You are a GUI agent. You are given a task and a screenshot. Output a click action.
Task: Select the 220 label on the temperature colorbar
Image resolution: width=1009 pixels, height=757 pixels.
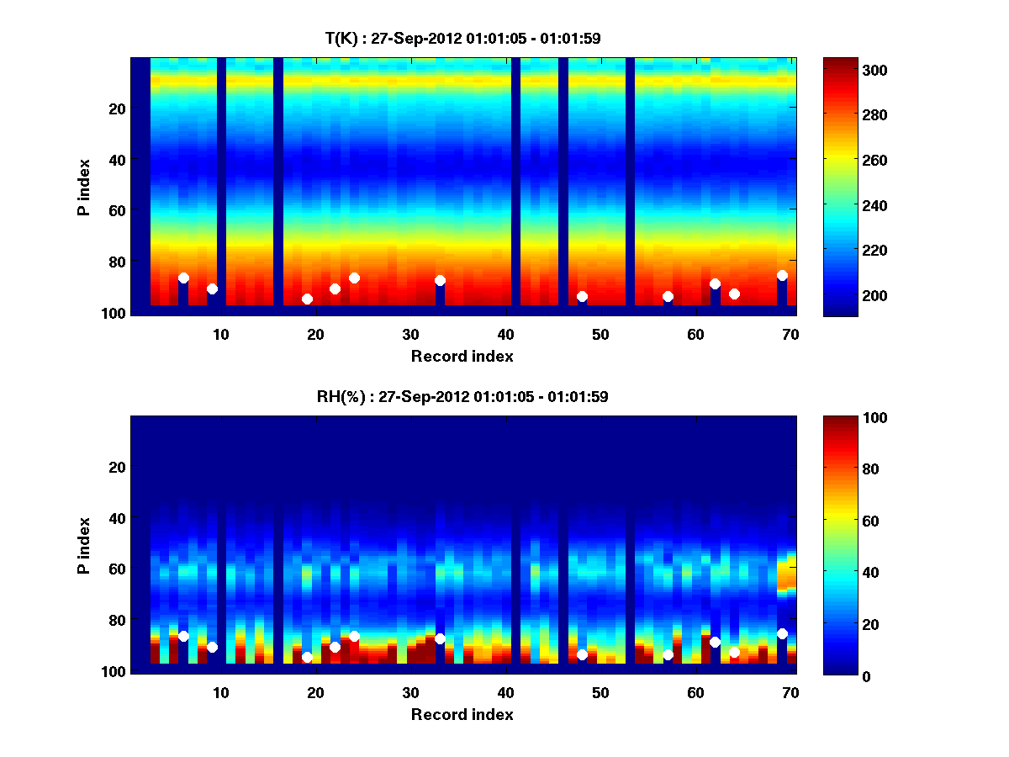click(x=848, y=251)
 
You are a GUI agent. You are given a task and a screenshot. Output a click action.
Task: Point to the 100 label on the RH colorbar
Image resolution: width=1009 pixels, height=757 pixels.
click(x=848, y=418)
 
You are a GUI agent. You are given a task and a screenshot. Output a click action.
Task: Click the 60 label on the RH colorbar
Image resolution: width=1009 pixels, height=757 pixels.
click(x=845, y=521)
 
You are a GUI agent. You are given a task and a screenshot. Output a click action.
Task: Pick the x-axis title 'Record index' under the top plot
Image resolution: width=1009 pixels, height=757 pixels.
click(x=462, y=356)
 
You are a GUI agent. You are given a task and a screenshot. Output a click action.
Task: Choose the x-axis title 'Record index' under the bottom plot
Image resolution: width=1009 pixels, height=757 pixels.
click(x=462, y=714)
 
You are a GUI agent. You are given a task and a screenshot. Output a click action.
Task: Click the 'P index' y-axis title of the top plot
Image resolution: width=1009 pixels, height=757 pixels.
click(x=84, y=187)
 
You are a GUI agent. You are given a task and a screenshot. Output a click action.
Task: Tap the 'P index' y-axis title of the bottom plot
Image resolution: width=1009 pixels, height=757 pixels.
click(x=84, y=545)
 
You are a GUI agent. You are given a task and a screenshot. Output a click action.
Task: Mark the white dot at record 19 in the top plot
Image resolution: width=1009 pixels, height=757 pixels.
click(x=307, y=299)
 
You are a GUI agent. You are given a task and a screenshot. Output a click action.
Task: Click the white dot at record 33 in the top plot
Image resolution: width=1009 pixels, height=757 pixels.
click(x=440, y=280)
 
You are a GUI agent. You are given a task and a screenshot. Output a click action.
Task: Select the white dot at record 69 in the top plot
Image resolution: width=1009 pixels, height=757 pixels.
click(x=782, y=275)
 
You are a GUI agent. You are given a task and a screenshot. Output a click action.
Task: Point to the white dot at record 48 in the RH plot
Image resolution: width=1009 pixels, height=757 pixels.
click(x=582, y=654)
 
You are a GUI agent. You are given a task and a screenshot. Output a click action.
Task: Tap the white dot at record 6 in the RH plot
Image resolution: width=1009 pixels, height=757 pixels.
click(x=183, y=636)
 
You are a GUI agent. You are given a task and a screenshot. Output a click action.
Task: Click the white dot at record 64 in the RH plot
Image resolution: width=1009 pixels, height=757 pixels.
click(x=734, y=652)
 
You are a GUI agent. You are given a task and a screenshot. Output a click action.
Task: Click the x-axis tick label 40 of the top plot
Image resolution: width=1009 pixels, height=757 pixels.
click(x=505, y=334)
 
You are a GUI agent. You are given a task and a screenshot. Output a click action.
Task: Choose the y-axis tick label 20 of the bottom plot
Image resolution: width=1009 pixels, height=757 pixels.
click(x=117, y=467)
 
